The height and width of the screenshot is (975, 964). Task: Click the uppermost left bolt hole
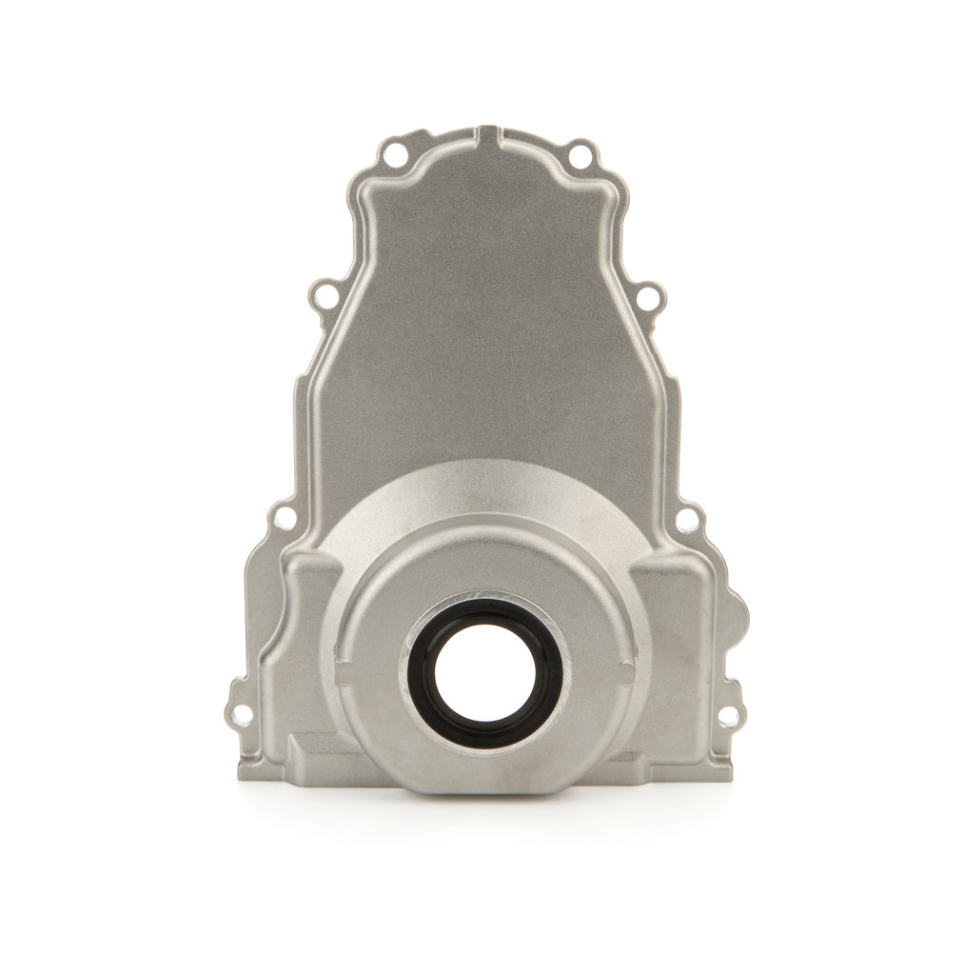[x=393, y=153]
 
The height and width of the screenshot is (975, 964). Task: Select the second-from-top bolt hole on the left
[x=325, y=296]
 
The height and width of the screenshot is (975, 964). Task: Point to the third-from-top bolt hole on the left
[x=284, y=519]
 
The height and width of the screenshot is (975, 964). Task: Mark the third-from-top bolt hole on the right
[x=686, y=520]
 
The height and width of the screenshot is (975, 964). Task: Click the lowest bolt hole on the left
[x=242, y=714]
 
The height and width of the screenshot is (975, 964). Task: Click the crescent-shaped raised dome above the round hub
[x=484, y=495]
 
